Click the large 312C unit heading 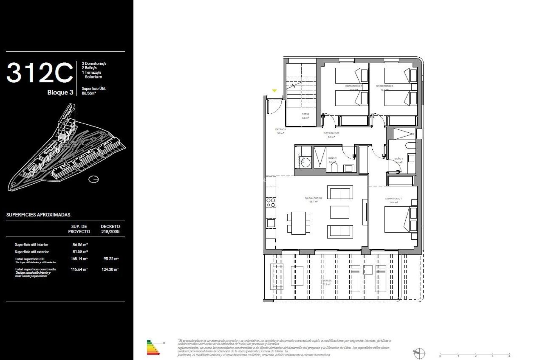coord(39,73)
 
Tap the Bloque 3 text coord(60,93)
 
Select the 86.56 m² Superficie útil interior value coord(80,245)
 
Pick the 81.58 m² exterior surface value coord(80,252)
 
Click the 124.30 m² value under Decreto coord(110,269)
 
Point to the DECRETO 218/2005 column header coord(110,229)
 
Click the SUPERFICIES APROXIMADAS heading coord(39,215)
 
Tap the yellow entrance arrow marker coord(274,91)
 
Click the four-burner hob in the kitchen coord(271,203)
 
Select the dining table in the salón coord(298,223)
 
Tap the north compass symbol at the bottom coord(419,353)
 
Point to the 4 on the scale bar coord(509,356)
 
